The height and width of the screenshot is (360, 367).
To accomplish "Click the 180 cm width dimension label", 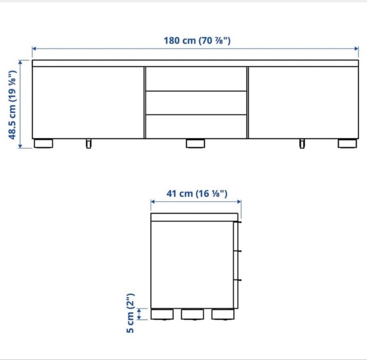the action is pyautogui.click(x=197, y=41).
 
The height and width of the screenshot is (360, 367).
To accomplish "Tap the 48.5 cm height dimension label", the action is pyautogui.click(x=12, y=105).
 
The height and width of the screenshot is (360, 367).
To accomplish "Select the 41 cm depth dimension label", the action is pyautogui.click(x=197, y=194).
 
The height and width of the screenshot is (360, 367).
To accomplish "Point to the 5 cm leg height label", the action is pyautogui.click(x=130, y=313).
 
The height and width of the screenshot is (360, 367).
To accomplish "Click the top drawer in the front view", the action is pyautogui.click(x=196, y=79).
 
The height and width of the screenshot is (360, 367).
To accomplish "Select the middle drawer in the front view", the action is pyautogui.click(x=196, y=103).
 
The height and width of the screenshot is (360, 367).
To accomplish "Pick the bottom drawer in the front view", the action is pyautogui.click(x=196, y=127).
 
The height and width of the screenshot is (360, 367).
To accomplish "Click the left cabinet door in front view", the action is pyautogui.click(x=88, y=102).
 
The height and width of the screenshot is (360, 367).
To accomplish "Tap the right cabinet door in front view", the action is pyautogui.click(x=303, y=102).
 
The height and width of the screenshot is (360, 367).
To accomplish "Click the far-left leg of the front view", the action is pyautogui.click(x=43, y=143).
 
